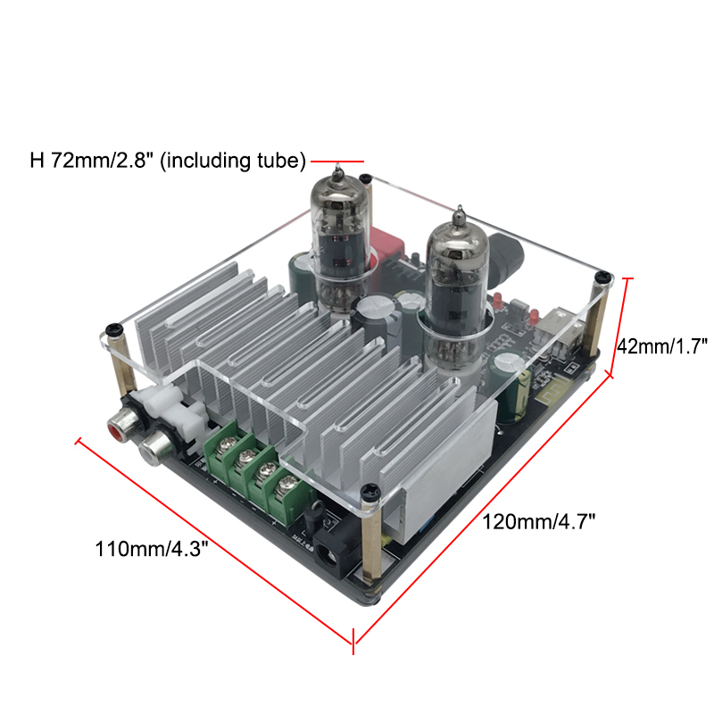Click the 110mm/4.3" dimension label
151,549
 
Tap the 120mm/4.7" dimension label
539,522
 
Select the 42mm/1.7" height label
662,346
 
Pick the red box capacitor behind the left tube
386,246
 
